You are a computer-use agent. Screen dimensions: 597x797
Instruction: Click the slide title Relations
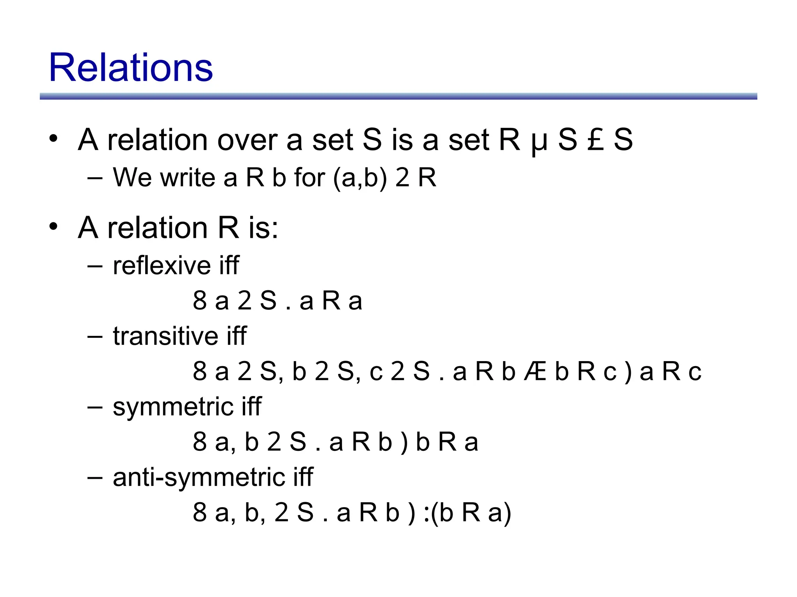(131, 68)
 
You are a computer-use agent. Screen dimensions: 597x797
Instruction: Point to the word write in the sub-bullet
(190, 178)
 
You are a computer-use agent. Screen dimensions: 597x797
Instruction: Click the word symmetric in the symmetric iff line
(173, 407)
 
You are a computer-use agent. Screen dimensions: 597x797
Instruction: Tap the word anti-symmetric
(200, 477)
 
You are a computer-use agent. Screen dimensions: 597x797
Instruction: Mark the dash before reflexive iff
(95, 266)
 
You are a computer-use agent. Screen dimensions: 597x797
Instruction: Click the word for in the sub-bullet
(309, 178)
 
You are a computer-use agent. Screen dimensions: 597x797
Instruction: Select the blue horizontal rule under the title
(398, 96)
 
